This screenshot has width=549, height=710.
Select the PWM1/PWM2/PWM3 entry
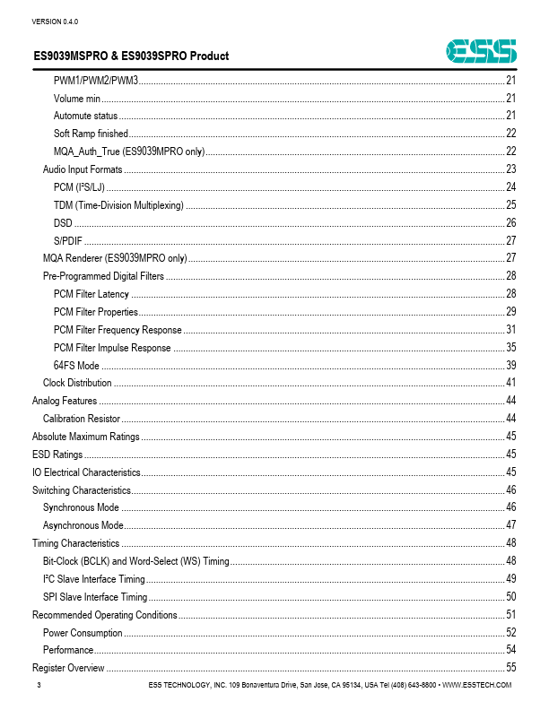coord(95,82)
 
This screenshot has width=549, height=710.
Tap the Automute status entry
coord(86,116)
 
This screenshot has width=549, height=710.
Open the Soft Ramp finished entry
coord(91,133)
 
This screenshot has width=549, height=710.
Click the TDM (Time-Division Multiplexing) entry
coord(118,205)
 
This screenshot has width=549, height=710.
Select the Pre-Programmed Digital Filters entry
coord(103,276)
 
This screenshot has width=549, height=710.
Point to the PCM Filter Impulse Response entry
coord(112,348)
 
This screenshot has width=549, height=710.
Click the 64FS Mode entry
coord(76,366)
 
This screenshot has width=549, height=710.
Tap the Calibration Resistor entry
coord(82,419)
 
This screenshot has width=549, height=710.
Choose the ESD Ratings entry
coord(57,455)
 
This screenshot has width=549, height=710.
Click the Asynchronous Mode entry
coord(83,525)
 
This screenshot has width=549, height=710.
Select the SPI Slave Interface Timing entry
coord(95,597)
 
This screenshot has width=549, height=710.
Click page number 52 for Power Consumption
coord(510,632)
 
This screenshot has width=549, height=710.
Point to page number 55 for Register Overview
coord(510,668)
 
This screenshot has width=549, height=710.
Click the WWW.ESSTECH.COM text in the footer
coord(477,685)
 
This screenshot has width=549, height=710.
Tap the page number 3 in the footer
coord(39,685)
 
